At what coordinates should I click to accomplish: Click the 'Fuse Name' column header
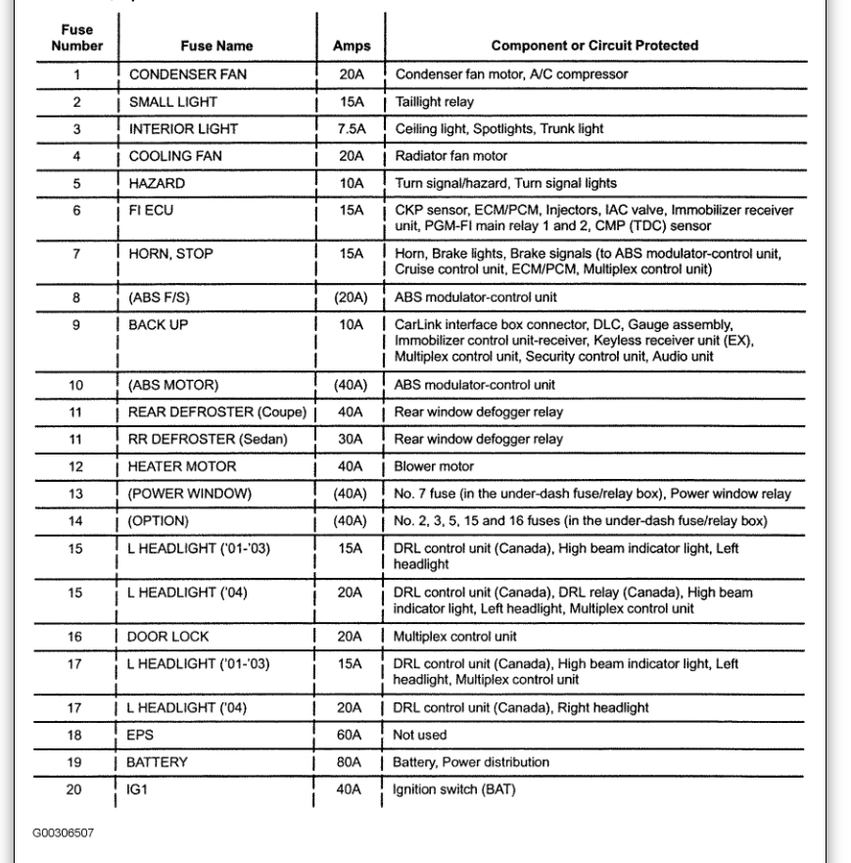click(x=216, y=45)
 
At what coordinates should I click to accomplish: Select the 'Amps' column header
click(x=350, y=45)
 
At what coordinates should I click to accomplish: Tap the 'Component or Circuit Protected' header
click(x=594, y=45)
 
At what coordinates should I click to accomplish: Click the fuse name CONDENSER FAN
click(x=184, y=74)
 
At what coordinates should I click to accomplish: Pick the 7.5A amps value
click(x=351, y=128)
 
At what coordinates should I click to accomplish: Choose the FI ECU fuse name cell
click(x=153, y=210)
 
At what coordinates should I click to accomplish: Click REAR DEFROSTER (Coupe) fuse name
click(x=218, y=411)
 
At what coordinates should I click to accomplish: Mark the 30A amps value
click(x=351, y=439)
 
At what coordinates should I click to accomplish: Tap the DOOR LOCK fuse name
click(x=166, y=637)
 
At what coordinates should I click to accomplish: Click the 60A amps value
click(x=351, y=735)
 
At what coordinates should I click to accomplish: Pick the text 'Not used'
click(x=420, y=735)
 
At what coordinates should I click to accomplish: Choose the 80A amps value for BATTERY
click(x=351, y=762)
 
